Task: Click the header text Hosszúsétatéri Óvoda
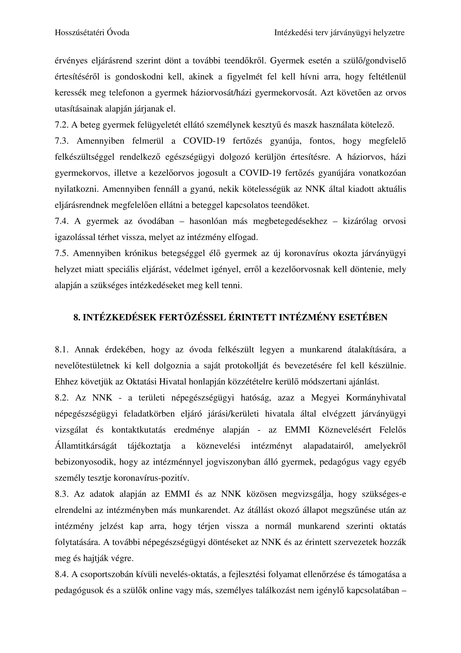coord(92,33)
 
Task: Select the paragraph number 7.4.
coord(62,221)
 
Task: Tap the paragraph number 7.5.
coord(62,253)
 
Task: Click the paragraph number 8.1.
coord(62,350)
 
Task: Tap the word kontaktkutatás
coord(138,430)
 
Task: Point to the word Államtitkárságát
coord(86,446)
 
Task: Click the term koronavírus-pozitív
coord(151,478)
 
